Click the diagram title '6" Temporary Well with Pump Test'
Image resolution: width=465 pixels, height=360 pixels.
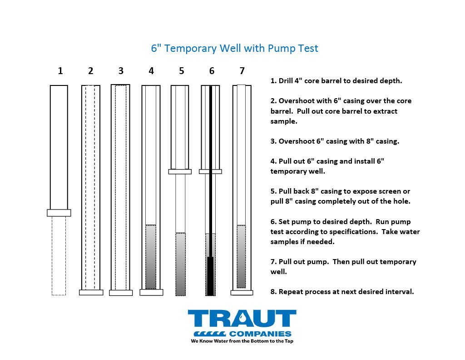(234, 48)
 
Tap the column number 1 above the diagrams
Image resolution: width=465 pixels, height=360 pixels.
(60, 70)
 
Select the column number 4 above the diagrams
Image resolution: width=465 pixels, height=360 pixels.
(151, 70)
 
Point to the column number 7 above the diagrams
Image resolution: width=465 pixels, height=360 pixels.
(242, 70)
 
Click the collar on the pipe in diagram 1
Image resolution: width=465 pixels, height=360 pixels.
(59, 213)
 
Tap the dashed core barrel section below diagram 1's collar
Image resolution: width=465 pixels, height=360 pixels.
(59, 256)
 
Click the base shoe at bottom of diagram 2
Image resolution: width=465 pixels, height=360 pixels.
(91, 292)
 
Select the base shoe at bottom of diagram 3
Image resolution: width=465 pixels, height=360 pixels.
(121, 293)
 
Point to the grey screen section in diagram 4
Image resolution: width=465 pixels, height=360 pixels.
(151, 257)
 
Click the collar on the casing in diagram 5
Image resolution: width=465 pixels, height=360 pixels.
(180, 171)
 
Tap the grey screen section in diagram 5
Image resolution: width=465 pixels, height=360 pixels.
(181, 264)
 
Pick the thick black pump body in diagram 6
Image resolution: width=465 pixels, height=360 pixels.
(210, 276)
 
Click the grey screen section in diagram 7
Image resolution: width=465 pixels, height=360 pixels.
(241, 256)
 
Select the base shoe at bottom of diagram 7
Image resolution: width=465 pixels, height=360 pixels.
(242, 293)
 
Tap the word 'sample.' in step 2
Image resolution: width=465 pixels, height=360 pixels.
(284, 121)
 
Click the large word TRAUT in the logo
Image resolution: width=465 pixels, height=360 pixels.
(242, 319)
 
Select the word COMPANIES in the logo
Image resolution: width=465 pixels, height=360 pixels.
(260, 334)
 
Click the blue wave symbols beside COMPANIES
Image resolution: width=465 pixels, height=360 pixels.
(210, 334)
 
